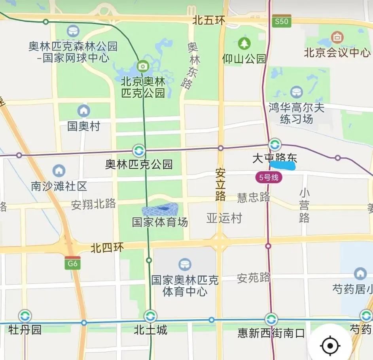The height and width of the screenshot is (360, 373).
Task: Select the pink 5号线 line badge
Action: coord(269,177)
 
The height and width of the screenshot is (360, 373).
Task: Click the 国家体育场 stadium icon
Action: coord(160,210)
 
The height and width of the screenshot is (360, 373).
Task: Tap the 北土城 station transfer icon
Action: coord(150,316)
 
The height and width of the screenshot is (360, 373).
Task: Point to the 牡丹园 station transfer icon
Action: coord(25,316)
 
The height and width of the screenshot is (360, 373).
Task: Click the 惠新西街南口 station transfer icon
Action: coord(271,319)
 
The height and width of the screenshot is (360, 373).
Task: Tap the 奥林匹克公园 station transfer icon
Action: coord(139,151)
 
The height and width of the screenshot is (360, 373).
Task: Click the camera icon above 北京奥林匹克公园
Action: coord(142,66)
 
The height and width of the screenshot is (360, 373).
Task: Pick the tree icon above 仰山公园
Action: coord(244,43)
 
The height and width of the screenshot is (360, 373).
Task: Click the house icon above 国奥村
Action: coord(83,111)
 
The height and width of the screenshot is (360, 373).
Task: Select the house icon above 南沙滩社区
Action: coord(59,171)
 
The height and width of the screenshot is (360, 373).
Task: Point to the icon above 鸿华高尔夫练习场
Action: coord(296,92)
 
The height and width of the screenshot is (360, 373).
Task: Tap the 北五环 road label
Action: coord(208,21)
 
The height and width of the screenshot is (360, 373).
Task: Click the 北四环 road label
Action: coord(107,248)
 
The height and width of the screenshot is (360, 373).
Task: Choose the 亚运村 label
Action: coord(224,218)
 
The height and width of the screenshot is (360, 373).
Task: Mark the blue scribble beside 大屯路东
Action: coord(283,165)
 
